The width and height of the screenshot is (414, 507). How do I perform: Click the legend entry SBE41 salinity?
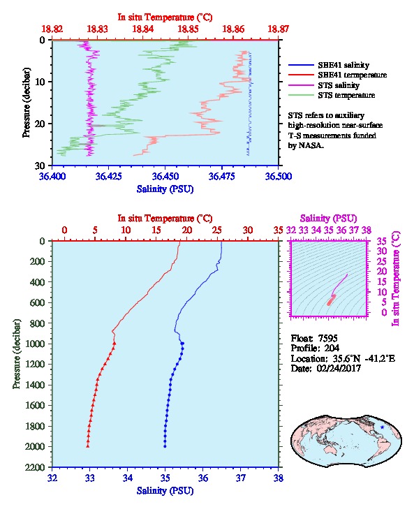[x=343, y=65]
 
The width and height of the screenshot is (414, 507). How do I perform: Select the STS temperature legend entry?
[x=346, y=95]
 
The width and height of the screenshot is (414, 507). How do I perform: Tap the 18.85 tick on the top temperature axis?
[x=188, y=29]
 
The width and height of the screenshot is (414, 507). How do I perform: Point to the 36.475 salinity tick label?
[x=222, y=176]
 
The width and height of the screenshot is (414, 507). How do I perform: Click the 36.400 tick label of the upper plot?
[x=52, y=176]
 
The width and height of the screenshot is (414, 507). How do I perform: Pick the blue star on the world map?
[x=383, y=427]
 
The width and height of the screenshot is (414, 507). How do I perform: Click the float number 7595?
[x=327, y=338]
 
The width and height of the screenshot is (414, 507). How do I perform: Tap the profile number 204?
[x=332, y=348]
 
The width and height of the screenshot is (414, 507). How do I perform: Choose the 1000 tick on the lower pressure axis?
[x=37, y=344]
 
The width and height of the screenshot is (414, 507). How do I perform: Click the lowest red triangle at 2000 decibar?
[x=87, y=446]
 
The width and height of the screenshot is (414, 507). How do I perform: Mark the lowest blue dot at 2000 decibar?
[x=165, y=446]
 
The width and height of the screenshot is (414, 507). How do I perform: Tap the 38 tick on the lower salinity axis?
[x=279, y=478]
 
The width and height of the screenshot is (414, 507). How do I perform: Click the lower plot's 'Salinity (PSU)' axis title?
[x=165, y=491]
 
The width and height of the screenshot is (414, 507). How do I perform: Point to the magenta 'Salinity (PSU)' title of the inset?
[x=328, y=219]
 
